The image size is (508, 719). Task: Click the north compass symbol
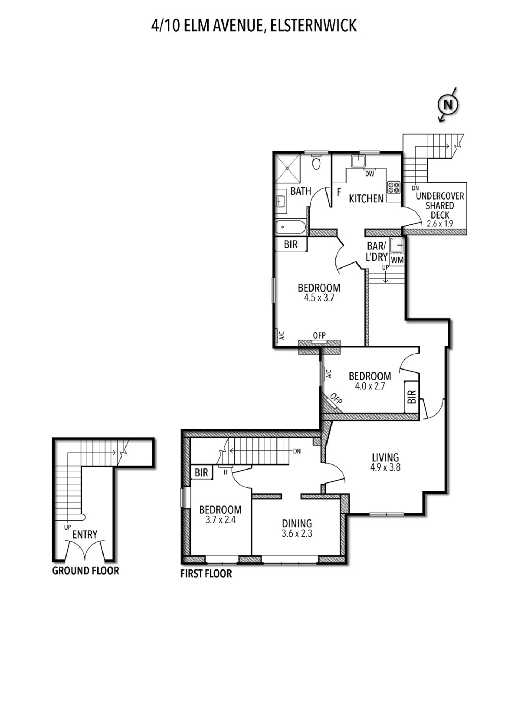[x=447, y=105]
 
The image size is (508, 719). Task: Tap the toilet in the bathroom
[x=316, y=162]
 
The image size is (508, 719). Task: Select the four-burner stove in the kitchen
[x=394, y=187]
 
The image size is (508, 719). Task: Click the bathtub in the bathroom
[x=290, y=228]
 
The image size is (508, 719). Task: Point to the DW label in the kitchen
[x=369, y=174]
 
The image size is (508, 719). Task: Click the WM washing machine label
[x=397, y=260]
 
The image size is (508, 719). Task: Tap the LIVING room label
[x=385, y=458]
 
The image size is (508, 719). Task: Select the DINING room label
[x=297, y=524]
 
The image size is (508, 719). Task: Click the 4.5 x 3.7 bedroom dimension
[x=319, y=298]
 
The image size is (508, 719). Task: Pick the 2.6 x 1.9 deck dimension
[x=440, y=223]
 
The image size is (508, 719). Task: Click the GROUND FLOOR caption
[x=86, y=571]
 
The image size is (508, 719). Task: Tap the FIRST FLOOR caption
[x=206, y=574]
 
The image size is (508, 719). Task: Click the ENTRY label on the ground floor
[x=85, y=535]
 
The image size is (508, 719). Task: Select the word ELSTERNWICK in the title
[x=313, y=26]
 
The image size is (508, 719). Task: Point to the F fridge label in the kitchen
[x=339, y=193]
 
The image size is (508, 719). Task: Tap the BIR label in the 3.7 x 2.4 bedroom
[x=201, y=472]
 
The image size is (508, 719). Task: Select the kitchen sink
[x=358, y=161]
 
